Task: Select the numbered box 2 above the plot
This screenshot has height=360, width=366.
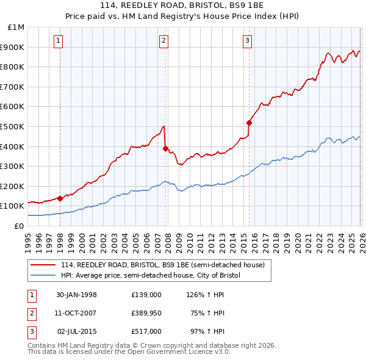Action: point(165,41)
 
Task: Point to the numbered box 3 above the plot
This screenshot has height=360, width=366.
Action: point(248,41)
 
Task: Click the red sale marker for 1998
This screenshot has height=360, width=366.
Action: point(60,198)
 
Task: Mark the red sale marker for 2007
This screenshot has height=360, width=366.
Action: point(165,148)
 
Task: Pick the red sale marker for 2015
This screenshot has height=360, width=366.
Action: point(249,123)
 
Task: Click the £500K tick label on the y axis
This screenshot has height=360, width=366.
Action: point(13,126)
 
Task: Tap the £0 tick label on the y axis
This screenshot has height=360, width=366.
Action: point(19,226)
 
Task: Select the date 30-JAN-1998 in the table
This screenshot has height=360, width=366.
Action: point(77,295)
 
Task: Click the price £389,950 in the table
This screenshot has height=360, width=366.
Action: point(146,313)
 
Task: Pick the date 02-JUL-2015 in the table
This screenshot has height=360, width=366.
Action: point(77,331)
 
